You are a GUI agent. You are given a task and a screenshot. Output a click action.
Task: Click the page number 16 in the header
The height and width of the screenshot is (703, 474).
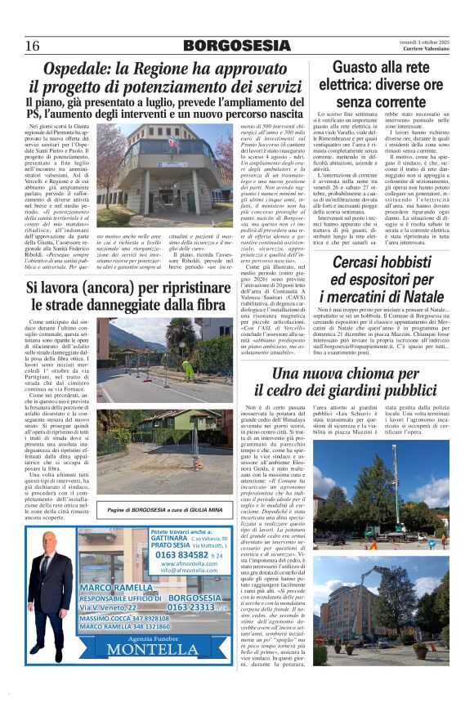point(32,44)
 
